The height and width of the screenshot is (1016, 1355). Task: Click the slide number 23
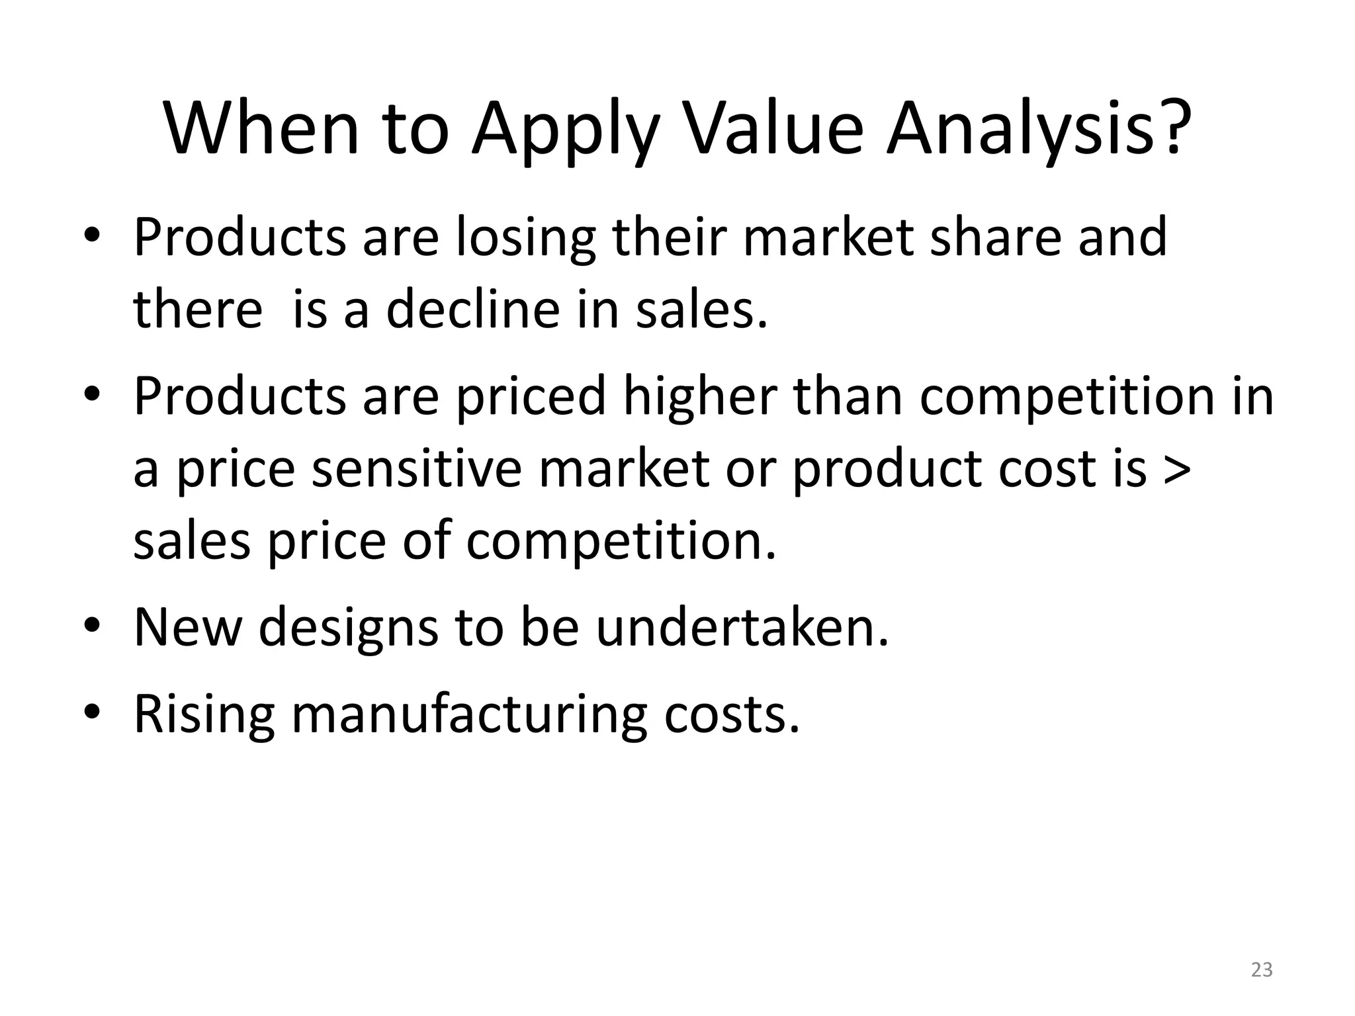pos(1262,970)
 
